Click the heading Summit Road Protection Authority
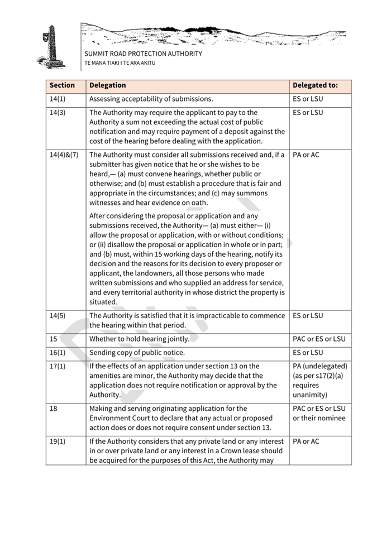tap(143, 54)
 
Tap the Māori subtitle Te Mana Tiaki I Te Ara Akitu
tap(120, 63)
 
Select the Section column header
tap(62, 85)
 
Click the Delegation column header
tap(108, 85)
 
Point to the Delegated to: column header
tap(315, 85)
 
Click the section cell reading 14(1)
tap(58, 99)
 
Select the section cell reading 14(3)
tap(58, 113)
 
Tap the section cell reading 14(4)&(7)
tap(64, 155)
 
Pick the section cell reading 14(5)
tap(58, 316)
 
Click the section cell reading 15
tap(54, 339)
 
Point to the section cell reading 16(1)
tap(58, 353)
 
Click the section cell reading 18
tap(54, 409)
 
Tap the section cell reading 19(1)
tap(58, 441)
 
